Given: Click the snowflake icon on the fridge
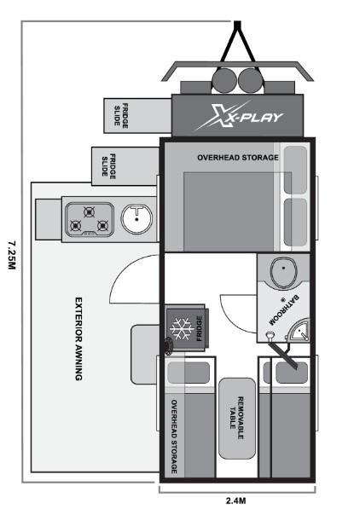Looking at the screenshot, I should click(x=181, y=328).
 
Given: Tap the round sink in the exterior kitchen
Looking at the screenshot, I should click(x=136, y=219).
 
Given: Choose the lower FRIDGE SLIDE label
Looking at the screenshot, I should click(x=106, y=165).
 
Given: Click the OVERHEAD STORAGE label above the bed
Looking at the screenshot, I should click(x=238, y=158).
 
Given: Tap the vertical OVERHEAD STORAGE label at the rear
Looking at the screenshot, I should click(x=175, y=437).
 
